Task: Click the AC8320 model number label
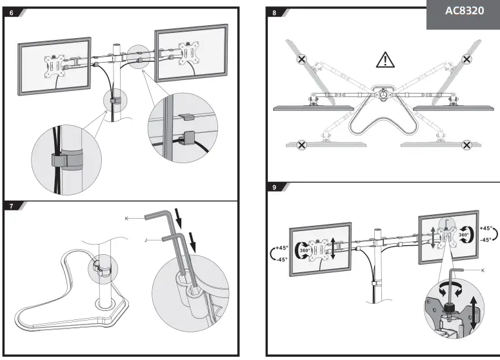(x=464, y=13)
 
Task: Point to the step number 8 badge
(x=275, y=12)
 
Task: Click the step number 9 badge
(x=275, y=188)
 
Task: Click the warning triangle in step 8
(x=385, y=61)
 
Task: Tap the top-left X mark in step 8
(x=302, y=59)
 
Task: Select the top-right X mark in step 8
(x=467, y=59)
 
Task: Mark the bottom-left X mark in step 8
(x=301, y=145)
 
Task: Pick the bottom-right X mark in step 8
(x=467, y=146)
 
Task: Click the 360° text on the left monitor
(x=306, y=251)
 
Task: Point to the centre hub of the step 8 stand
(x=385, y=94)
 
